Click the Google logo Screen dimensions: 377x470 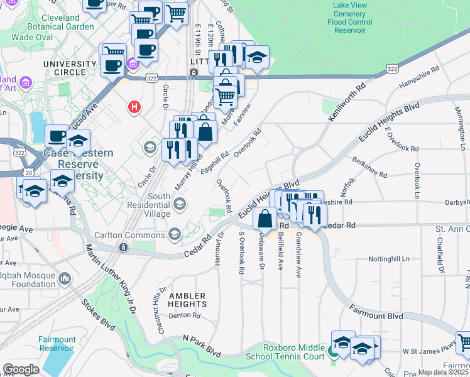tap(21, 369)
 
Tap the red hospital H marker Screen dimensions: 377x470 tap(134, 107)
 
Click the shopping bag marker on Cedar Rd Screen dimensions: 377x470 tap(265, 219)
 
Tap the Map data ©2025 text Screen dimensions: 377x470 tap(444, 372)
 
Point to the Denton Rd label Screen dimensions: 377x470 tap(183, 316)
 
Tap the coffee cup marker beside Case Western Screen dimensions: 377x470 tap(56, 136)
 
